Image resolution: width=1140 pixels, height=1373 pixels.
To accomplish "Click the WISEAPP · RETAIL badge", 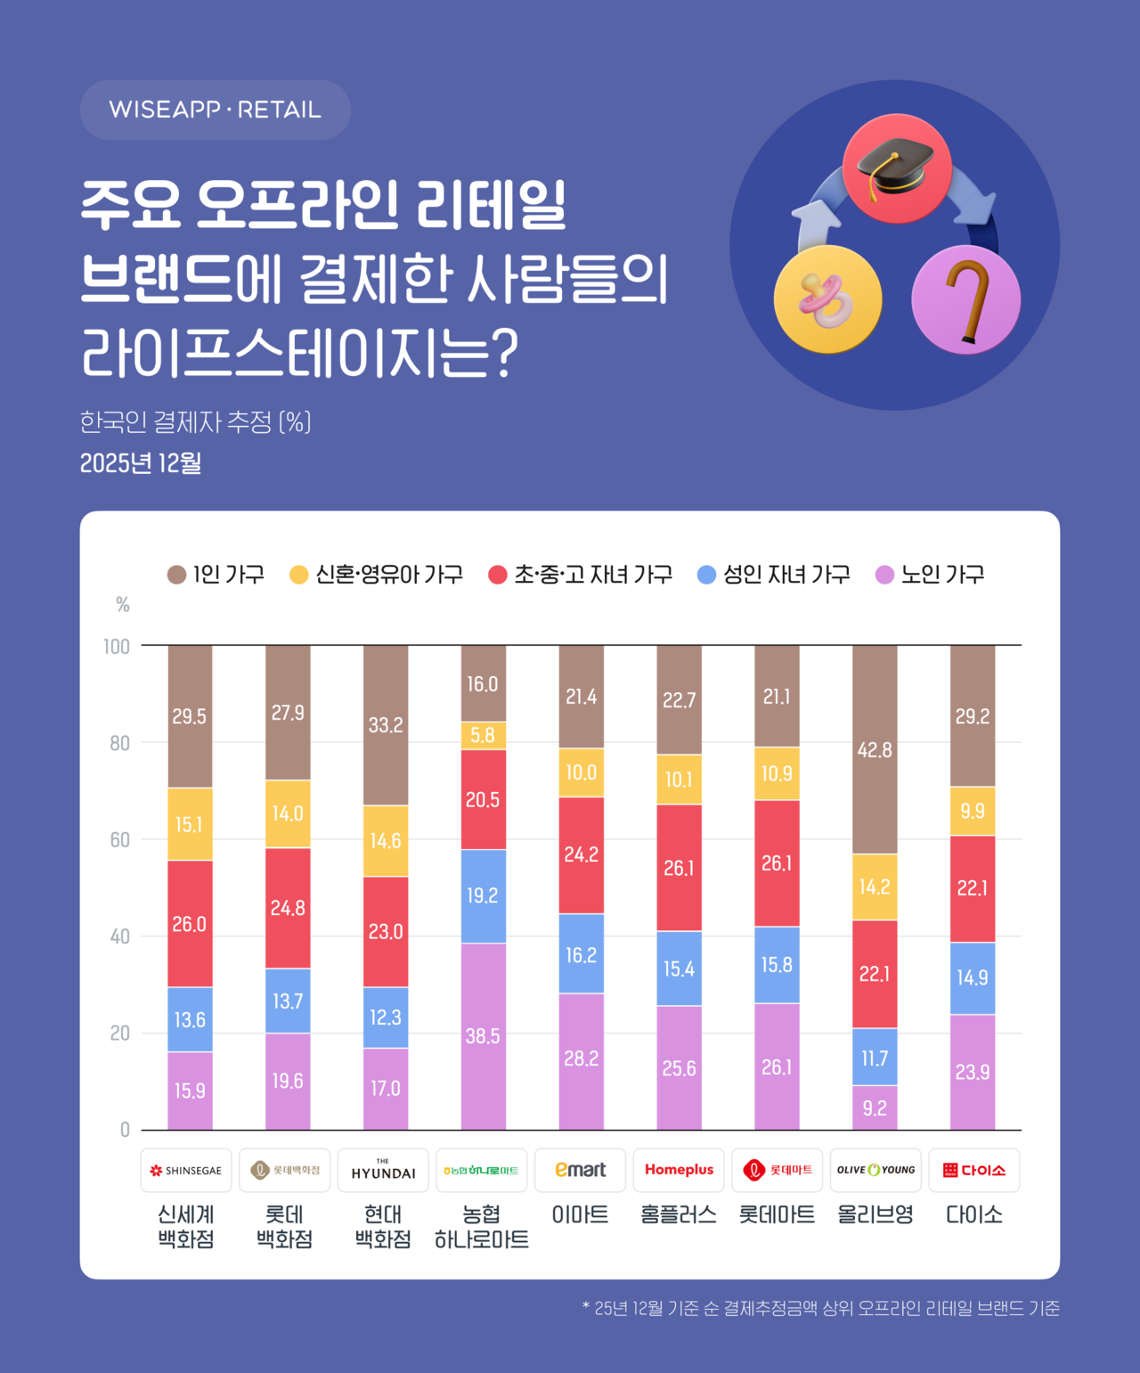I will click(215, 110).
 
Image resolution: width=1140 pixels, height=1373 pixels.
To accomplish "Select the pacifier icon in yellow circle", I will click(827, 300).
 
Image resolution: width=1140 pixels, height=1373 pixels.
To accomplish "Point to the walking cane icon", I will click(966, 300).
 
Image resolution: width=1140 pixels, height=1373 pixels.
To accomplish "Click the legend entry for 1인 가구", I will click(216, 575).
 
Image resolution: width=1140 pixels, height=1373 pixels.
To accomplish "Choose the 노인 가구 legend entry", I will click(931, 575).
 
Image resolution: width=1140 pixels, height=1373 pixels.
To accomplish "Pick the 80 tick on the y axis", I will click(119, 743).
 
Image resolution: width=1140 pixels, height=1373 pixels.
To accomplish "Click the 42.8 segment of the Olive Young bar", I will click(875, 749).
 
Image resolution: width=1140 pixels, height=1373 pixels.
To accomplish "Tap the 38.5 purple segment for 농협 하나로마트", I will click(483, 1036).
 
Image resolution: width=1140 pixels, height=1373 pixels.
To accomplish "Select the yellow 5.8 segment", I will click(483, 735).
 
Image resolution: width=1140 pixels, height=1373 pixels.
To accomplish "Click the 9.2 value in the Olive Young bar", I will click(875, 1108).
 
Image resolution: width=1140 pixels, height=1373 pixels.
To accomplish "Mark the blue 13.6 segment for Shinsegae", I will click(190, 1019).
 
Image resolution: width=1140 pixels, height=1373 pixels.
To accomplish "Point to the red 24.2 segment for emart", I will click(581, 855).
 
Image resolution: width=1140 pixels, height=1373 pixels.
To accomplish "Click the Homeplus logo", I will click(679, 1170).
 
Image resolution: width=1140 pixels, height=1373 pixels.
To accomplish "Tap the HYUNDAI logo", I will click(383, 1170).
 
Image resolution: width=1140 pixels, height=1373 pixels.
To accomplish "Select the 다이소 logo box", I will click(973, 1170).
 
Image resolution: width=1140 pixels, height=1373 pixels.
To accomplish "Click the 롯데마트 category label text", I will click(777, 1215).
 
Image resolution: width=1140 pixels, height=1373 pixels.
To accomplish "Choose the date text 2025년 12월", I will click(141, 463).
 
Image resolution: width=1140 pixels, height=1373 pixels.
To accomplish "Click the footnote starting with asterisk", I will click(820, 1308).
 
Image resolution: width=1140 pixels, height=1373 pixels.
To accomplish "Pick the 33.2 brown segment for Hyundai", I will click(386, 725).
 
